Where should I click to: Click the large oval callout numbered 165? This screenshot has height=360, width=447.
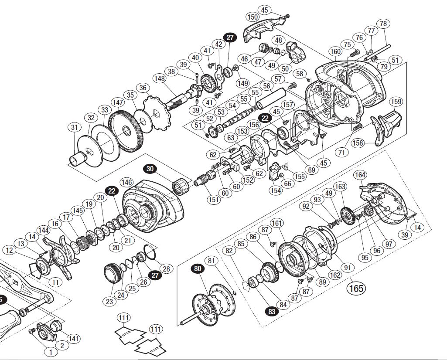(355, 288)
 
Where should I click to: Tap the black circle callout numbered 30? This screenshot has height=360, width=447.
(150, 168)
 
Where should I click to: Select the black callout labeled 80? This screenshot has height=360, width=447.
(198, 269)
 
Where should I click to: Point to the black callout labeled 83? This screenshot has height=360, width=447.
(272, 312)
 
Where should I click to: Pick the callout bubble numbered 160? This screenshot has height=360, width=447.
(335, 51)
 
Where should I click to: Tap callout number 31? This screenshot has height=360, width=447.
(75, 127)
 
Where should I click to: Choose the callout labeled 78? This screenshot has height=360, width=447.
(383, 24)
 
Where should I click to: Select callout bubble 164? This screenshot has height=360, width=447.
(360, 175)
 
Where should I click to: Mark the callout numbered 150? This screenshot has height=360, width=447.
(253, 17)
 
